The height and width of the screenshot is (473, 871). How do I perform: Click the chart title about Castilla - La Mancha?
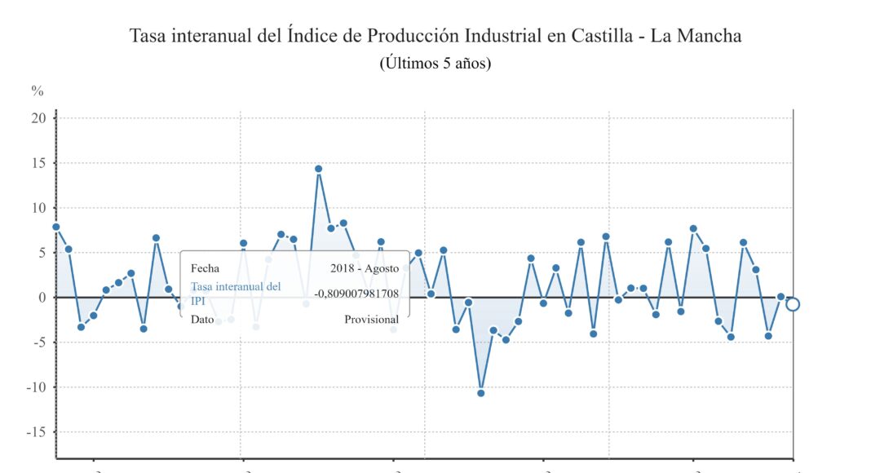click(x=435, y=36)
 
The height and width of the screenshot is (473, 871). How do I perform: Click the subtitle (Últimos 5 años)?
click(x=435, y=63)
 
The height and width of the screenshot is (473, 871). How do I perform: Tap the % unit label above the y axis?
click(x=37, y=91)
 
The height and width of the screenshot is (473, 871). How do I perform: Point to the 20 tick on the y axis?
click(x=38, y=117)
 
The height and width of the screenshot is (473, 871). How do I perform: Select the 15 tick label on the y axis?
click(x=38, y=163)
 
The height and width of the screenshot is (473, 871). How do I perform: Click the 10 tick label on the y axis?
click(x=38, y=208)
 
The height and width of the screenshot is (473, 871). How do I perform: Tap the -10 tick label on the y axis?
click(x=36, y=387)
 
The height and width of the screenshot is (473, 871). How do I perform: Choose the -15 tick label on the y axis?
click(x=36, y=432)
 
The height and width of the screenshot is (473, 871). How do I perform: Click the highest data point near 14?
click(x=318, y=169)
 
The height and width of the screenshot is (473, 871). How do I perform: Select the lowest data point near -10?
click(x=481, y=393)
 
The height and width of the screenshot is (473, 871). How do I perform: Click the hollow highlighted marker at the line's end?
click(x=793, y=304)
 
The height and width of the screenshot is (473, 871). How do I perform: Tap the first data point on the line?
click(x=55, y=227)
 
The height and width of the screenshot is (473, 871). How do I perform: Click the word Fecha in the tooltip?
click(x=205, y=267)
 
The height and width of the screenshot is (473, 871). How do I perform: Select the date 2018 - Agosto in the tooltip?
click(x=365, y=267)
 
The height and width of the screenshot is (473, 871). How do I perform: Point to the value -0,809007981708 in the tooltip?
click(x=356, y=294)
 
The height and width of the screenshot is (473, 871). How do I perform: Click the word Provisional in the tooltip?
click(x=371, y=320)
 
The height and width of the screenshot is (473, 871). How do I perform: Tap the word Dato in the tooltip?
click(x=202, y=320)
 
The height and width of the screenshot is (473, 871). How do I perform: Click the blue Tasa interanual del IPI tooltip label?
click(x=236, y=294)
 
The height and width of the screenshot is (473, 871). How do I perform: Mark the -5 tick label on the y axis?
click(x=38, y=343)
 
